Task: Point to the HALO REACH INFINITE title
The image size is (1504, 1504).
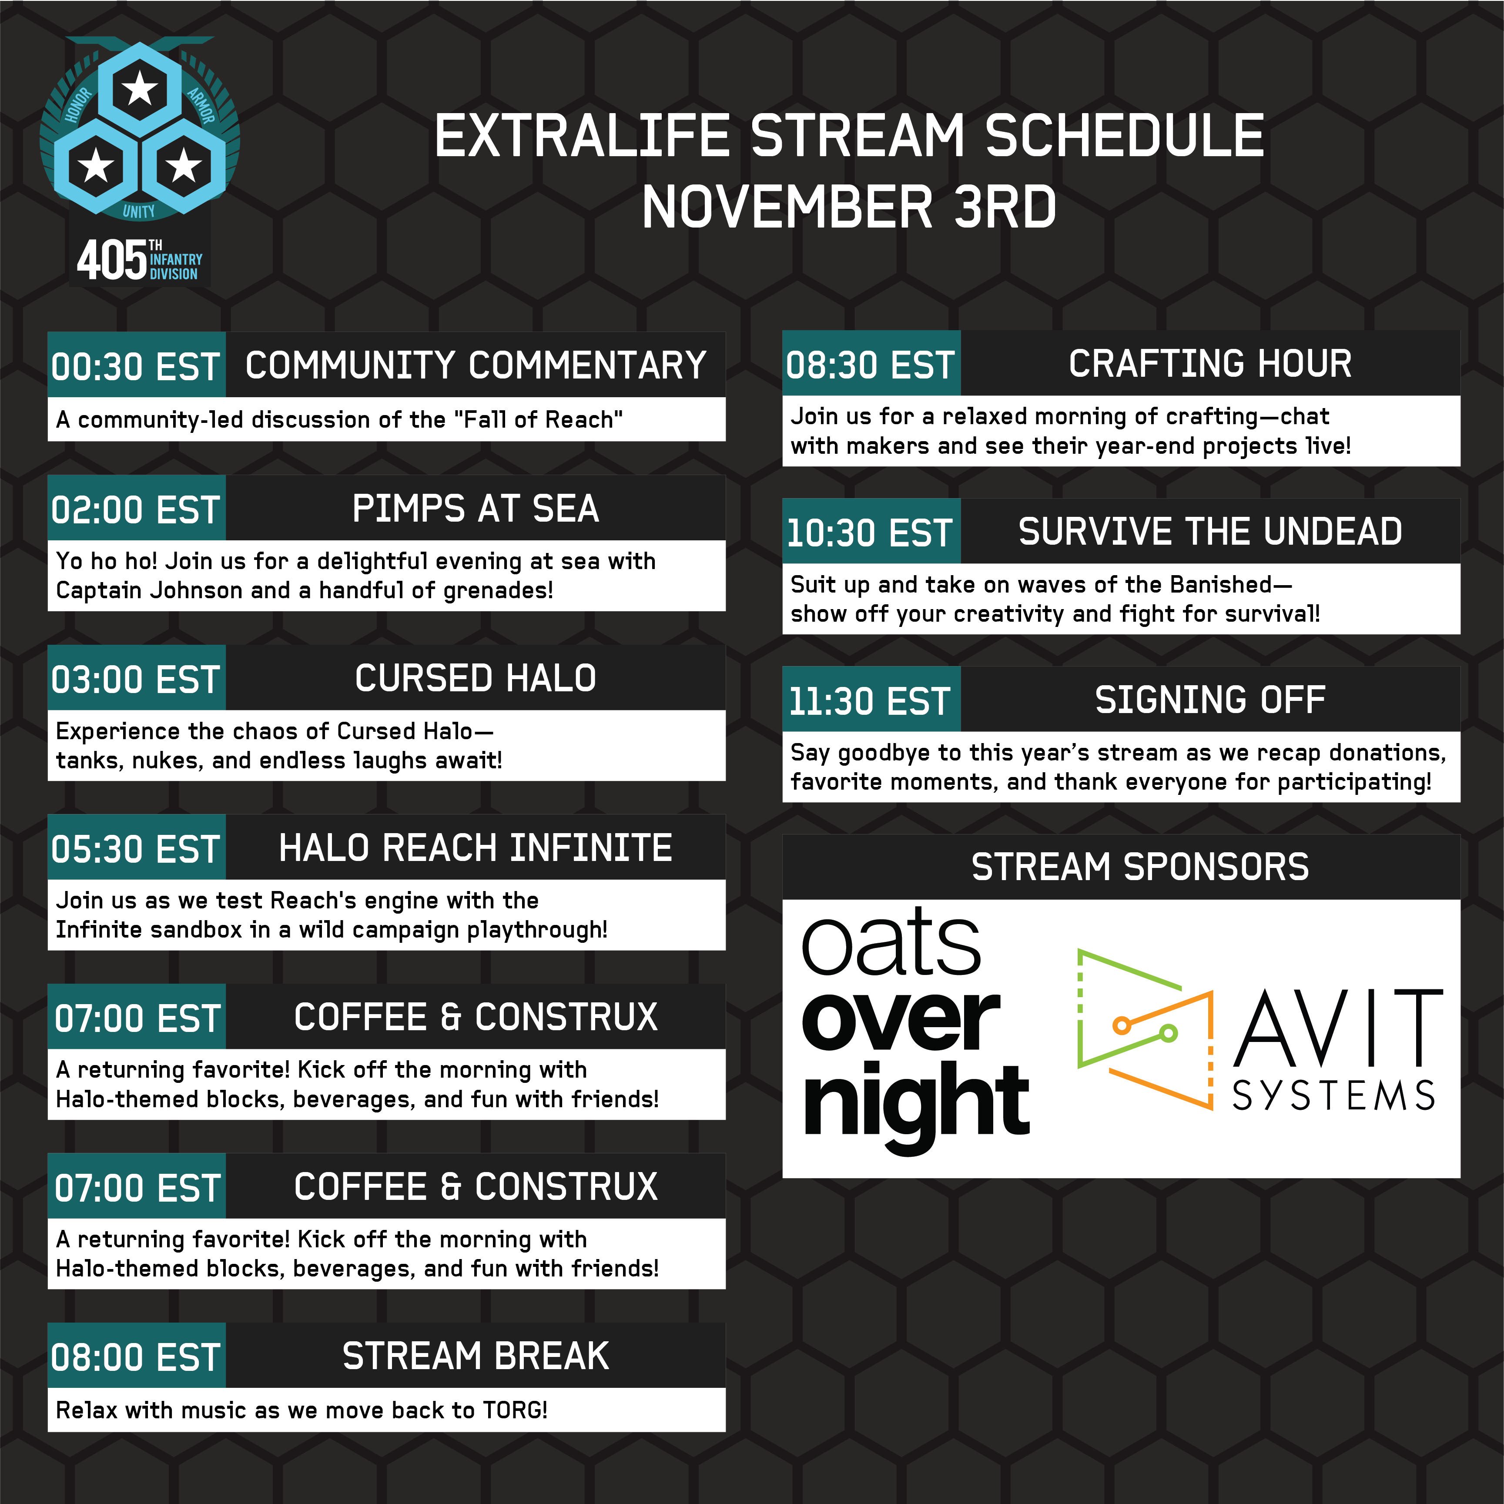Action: [x=476, y=848]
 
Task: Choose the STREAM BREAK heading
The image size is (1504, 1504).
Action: [x=476, y=1356]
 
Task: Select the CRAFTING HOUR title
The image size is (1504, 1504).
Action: [x=1210, y=364]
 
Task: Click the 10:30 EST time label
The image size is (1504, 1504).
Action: [x=870, y=533]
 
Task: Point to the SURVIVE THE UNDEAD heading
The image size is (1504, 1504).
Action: [x=1210, y=532]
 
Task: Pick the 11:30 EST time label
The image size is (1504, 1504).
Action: [x=870, y=701]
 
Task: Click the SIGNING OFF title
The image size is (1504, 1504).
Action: [x=1210, y=700]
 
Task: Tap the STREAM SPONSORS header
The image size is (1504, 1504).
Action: [x=1140, y=867]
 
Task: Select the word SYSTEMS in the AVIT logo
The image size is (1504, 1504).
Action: [x=1333, y=1096]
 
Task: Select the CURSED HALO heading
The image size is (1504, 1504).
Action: [x=476, y=678]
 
